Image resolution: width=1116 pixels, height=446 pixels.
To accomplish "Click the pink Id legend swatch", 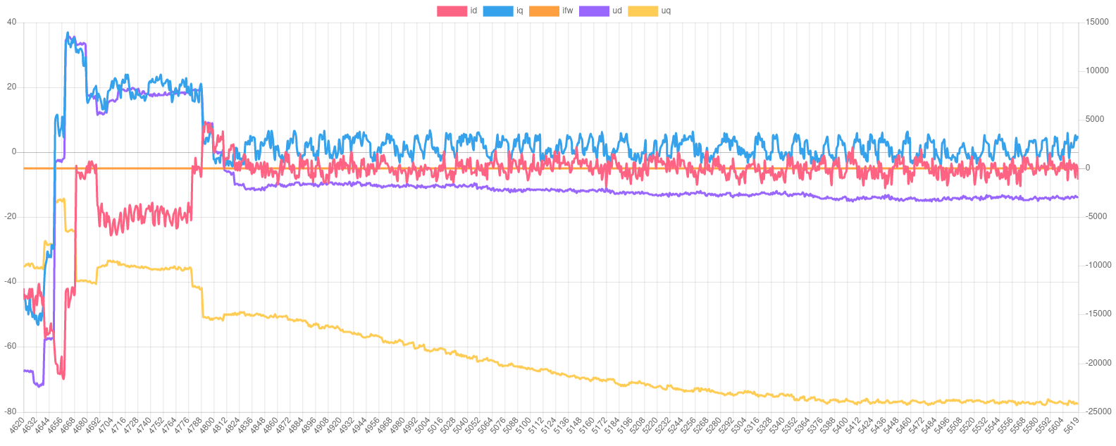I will point(452,11).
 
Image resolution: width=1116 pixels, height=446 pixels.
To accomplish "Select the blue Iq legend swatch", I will point(497,11).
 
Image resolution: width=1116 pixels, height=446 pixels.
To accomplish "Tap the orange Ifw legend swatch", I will point(543,11).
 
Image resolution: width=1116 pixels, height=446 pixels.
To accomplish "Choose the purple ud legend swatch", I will point(594,11).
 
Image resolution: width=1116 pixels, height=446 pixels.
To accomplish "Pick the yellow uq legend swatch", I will point(643,11).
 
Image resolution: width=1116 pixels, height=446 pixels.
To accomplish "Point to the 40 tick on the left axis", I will point(11,22).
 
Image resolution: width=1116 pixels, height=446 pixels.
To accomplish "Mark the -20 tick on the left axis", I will point(11,216).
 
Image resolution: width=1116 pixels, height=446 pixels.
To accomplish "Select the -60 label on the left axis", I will point(11,346).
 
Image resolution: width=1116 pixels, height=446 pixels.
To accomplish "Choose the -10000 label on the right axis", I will point(1096,265).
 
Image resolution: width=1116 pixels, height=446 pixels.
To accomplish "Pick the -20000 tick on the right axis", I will point(1096,363).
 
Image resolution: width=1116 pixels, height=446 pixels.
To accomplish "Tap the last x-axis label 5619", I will point(1071,426).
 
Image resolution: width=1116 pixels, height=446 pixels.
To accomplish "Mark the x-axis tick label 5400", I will point(840,426).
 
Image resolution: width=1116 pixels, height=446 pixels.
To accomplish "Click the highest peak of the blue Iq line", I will point(68,32).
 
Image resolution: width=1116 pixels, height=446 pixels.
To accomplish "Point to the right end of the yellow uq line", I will point(1077,403).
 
